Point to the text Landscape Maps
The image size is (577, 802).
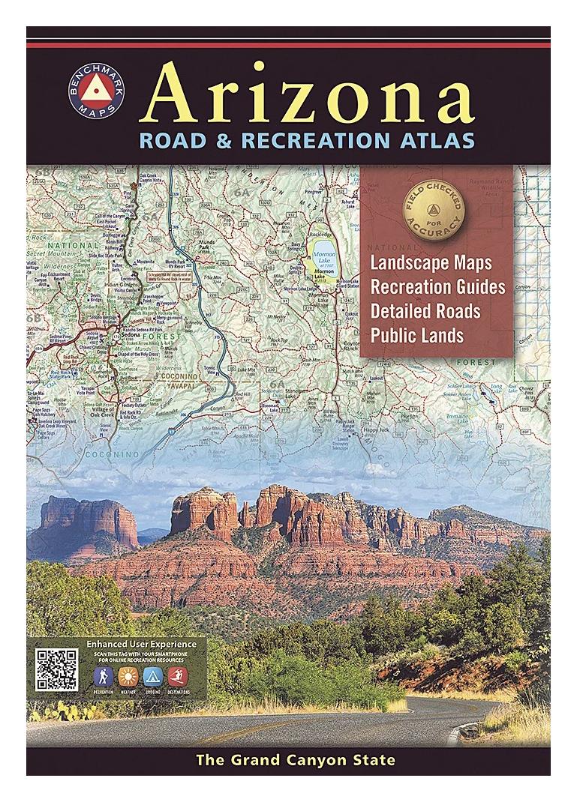point(431,263)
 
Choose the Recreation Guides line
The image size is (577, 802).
point(437,287)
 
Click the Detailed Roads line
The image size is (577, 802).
point(425,311)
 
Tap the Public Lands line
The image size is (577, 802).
point(416,335)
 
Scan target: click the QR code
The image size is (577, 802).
point(57,669)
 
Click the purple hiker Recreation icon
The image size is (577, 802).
point(103,678)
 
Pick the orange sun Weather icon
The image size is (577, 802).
point(128,678)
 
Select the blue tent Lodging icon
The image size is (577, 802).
point(152,678)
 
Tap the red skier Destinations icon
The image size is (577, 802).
point(178,678)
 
